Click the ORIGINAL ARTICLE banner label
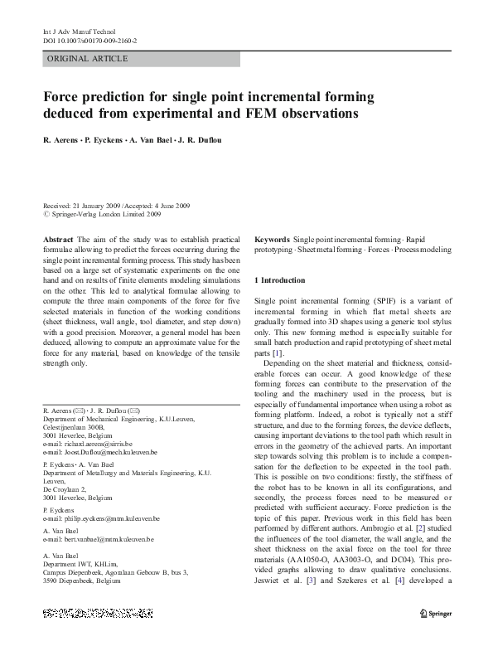point(88,58)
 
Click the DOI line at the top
point(89,40)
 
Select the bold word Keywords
point(272,238)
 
